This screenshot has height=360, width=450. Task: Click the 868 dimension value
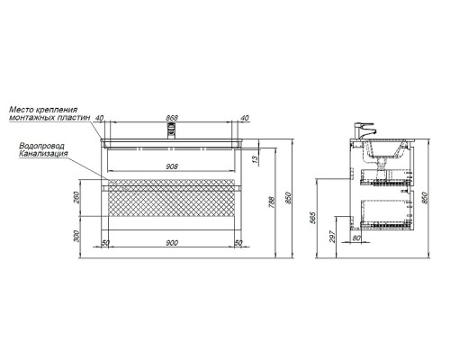pyautogui.click(x=172, y=118)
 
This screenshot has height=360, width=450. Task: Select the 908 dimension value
pyautogui.click(x=172, y=166)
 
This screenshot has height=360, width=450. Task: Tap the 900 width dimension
pyautogui.click(x=172, y=243)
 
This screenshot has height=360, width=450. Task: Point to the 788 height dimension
pyautogui.click(x=272, y=202)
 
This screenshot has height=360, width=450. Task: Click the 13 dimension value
pyautogui.click(x=256, y=160)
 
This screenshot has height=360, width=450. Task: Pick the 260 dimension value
pyautogui.click(x=76, y=197)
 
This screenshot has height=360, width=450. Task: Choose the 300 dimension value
pyautogui.click(x=76, y=236)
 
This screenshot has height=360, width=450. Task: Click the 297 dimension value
pyautogui.click(x=333, y=236)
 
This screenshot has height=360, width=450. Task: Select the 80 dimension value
pyautogui.click(x=356, y=238)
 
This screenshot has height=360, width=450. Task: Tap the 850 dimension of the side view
pyautogui.click(x=425, y=198)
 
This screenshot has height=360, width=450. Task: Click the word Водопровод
pyautogui.click(x=41, y=146)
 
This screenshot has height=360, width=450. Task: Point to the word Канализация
pyautogui.click(x=43, y=154)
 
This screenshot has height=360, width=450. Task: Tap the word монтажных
pyautogui.click(x=31, y=117)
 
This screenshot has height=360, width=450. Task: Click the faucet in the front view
pyautogui.click(x=172, y=131)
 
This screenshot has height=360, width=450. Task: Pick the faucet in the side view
pyautogui.click(x=364, y=130)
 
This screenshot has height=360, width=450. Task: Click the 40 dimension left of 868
pyautogui.click(x=100, y=118)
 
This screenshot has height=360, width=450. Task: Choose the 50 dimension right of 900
pyautogui.click(x=238, y=243)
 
